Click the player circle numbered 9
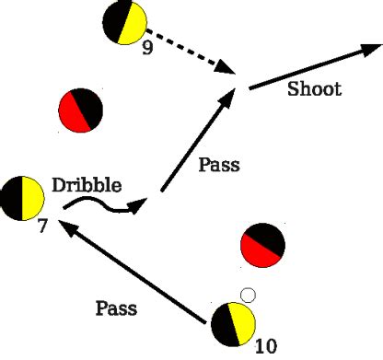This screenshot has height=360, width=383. point(126,22)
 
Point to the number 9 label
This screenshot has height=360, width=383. point(147,48)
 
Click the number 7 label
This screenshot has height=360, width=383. point(41,223)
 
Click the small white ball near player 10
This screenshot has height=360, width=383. point(246,295)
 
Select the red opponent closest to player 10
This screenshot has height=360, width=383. point(261,245)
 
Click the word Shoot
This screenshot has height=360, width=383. point(314,89)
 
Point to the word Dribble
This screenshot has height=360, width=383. point(87,185)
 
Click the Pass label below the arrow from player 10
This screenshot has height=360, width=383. point(116,308)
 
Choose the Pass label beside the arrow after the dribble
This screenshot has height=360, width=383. point(219,166)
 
